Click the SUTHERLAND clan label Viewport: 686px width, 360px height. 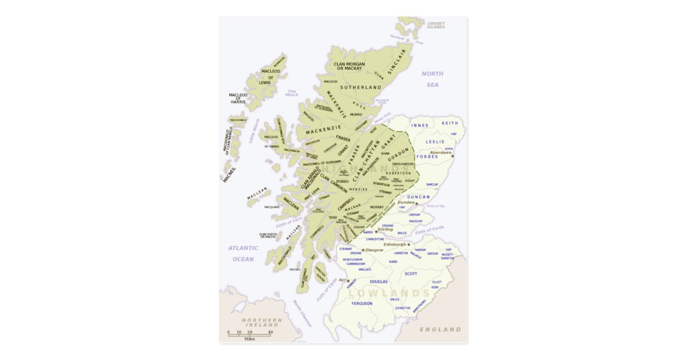pyautogui.click(x=361, y=87)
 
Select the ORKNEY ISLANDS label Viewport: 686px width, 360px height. pyautogui.click(x=436, y=26)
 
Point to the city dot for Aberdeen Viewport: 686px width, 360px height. pyautogui.click(x=452, y=155)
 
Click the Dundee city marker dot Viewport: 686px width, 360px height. pyautogui.click(x=417, y=203)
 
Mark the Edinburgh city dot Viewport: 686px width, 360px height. pyautogui.click(x=408, y=245)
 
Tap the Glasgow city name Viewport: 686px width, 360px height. pyautogui.click(x=374, y=250)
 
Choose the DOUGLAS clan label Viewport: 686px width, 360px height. pyautogui.click(x=378, y=282)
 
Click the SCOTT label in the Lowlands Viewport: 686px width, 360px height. pyautogui.click(x=411, y=274)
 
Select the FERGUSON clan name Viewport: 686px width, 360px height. pyautogui.click(x=362, y=303)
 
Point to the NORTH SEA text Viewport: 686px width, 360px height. pyautogui.click(x=433, y=79)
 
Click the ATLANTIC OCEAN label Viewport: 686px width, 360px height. pyautogui.click(x=243, y=254)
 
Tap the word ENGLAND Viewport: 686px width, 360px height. pyautogui.click(x=440, y=330)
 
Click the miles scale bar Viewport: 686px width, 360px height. pyautogui.click(x=249, y=335)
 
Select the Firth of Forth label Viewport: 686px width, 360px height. pyautogui.click(x=429, y=230)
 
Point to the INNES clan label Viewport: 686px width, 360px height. pyautogui.click(x=420, y=125)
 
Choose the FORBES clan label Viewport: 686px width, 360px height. pyautogui.click(x=427, y=156)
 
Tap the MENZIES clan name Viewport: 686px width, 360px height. pyautogui.click(x=358, y=189)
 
